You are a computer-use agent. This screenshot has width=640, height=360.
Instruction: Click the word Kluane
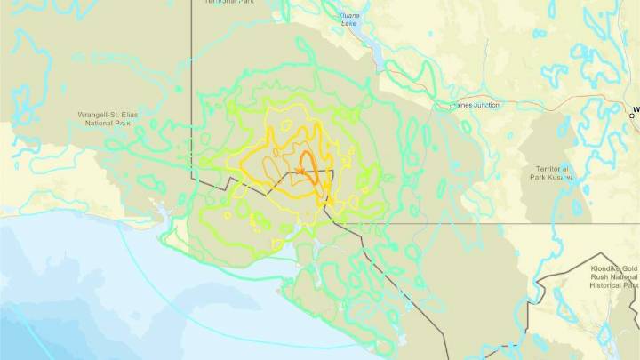point(353,15)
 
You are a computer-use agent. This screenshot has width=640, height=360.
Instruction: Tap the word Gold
point(630,268)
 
